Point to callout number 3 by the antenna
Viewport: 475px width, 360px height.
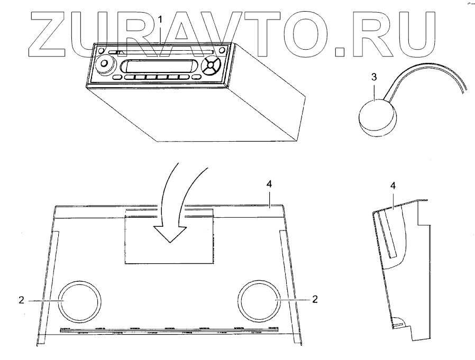pos(374,77)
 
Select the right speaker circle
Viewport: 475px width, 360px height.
pos(258,299)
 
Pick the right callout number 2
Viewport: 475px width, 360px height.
pos(315,299)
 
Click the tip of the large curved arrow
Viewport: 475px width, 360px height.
pos(169,241)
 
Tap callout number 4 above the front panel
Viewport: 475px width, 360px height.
pos(269,184)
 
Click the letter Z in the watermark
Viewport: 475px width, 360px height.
pos(53,35)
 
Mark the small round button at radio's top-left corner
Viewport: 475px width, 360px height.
pos(98,51)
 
